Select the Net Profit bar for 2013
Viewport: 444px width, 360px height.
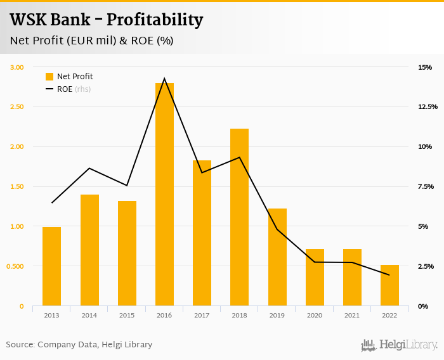pos(52,266)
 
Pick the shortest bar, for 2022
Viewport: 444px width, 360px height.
pos(389,285)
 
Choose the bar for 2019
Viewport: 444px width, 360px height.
pos(277,257)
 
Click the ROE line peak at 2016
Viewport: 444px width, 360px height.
pos(164,79)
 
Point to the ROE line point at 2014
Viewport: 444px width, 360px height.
pos(89,168)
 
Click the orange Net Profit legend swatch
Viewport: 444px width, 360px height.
pos(49,77)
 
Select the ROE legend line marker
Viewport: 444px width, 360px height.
pos(49,89)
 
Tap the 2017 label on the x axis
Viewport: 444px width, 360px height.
pos(202,315)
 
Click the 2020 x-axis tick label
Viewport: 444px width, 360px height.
pos(315,315)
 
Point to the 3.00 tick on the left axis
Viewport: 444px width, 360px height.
pos(17,67)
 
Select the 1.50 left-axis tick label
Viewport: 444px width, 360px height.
pos(17,186)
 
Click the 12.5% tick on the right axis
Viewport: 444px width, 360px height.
pos(428,106)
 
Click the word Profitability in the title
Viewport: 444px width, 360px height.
pos(159,20)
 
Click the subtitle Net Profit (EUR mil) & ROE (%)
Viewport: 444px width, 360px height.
pos(91,41)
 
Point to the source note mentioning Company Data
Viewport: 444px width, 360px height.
pos(79,345)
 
